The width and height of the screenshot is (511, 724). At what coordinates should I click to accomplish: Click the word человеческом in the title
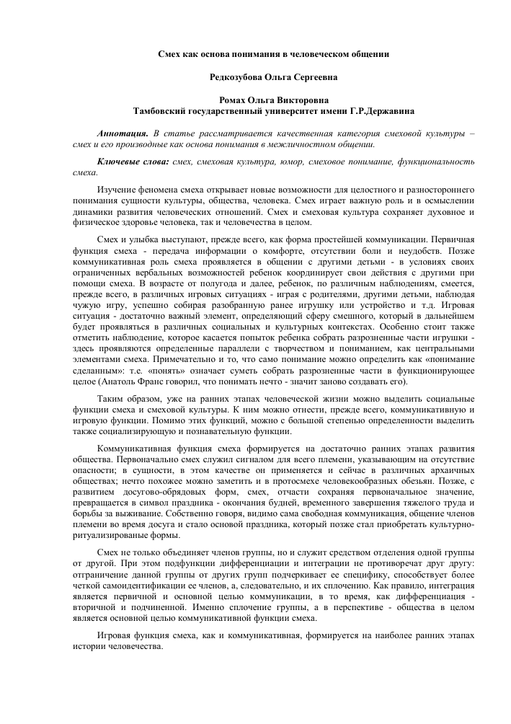pyautogui.click(x=312, y=53)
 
